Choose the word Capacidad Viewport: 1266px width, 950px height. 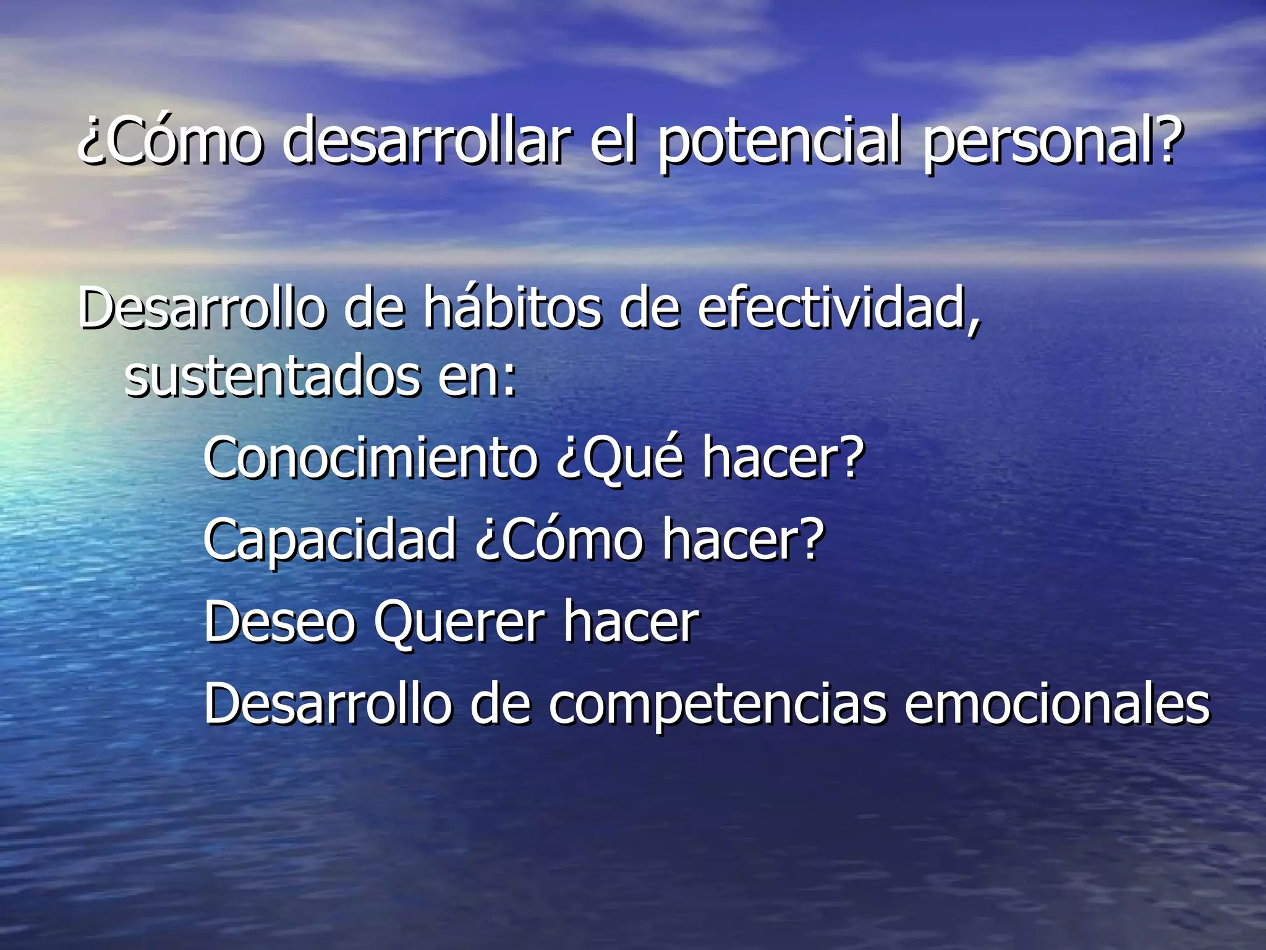329,539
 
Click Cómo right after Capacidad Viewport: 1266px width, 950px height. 559,539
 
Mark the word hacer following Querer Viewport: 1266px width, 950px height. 631,622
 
